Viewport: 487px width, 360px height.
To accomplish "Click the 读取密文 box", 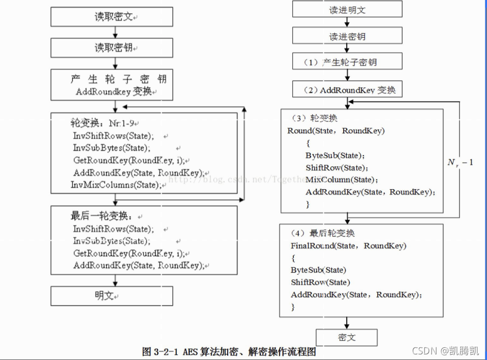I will (112, 17).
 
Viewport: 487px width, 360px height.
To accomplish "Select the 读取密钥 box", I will (112, 48).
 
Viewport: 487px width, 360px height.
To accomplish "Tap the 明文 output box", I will (112, 295).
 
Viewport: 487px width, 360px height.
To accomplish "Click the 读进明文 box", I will (347, 9).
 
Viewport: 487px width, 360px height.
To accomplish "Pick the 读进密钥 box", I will (347, 36).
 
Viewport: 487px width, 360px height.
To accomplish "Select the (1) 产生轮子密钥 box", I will (347, 62).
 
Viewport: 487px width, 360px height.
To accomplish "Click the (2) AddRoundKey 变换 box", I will (347, 89).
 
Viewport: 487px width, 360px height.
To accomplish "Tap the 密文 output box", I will (347, 338).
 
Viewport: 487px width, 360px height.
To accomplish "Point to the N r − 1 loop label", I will (460, 163).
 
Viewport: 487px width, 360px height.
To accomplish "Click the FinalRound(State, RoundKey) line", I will (348, 246).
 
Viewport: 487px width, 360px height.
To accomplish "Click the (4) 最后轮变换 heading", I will (323, 233).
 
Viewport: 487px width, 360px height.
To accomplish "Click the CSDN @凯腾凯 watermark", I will (445, 350).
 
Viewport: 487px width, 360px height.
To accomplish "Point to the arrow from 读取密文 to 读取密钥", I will (115, 32).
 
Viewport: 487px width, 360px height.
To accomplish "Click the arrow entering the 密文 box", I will (347, 323).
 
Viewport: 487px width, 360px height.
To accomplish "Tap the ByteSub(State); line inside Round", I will (335, 155).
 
